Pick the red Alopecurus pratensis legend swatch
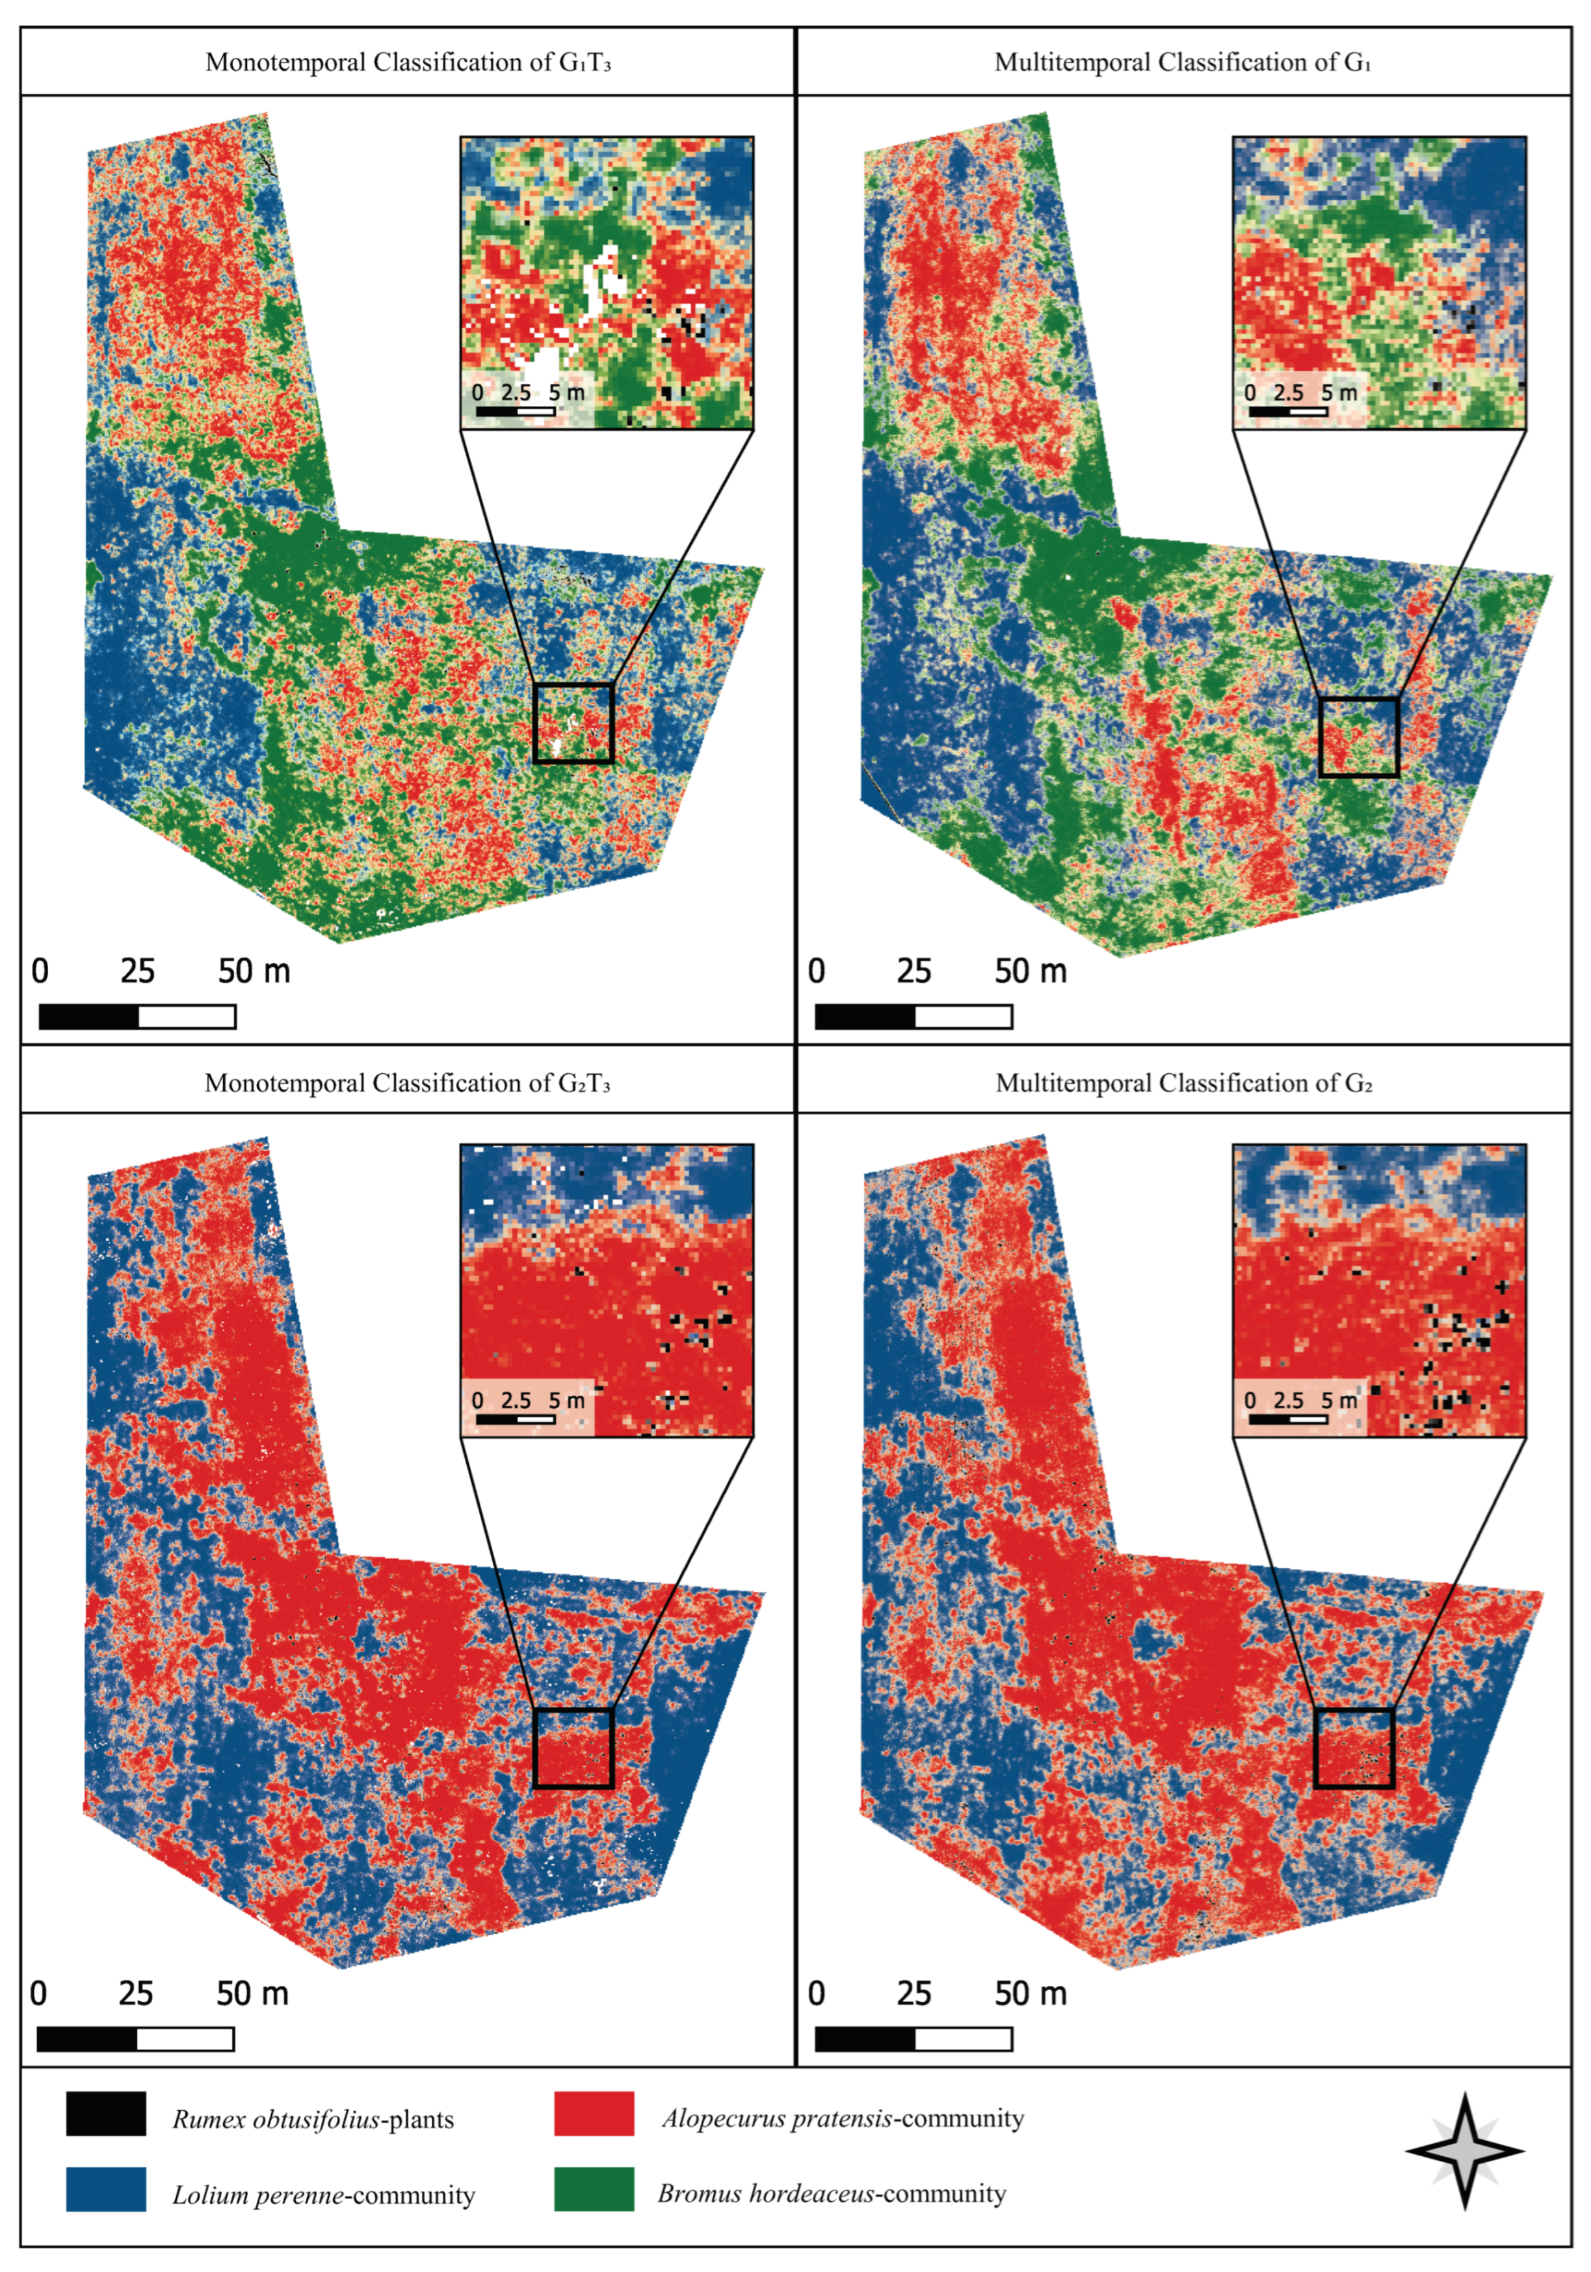594,2113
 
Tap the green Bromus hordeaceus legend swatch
594,2189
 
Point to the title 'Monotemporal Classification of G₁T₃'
408,62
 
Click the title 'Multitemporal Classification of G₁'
1183,62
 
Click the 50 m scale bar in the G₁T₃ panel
138,1016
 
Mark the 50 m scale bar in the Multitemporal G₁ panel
914,1016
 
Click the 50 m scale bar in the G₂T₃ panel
135,2038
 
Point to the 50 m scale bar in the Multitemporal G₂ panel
914,2038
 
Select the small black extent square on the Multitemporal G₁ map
1358,737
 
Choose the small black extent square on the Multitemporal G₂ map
1354,1748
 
